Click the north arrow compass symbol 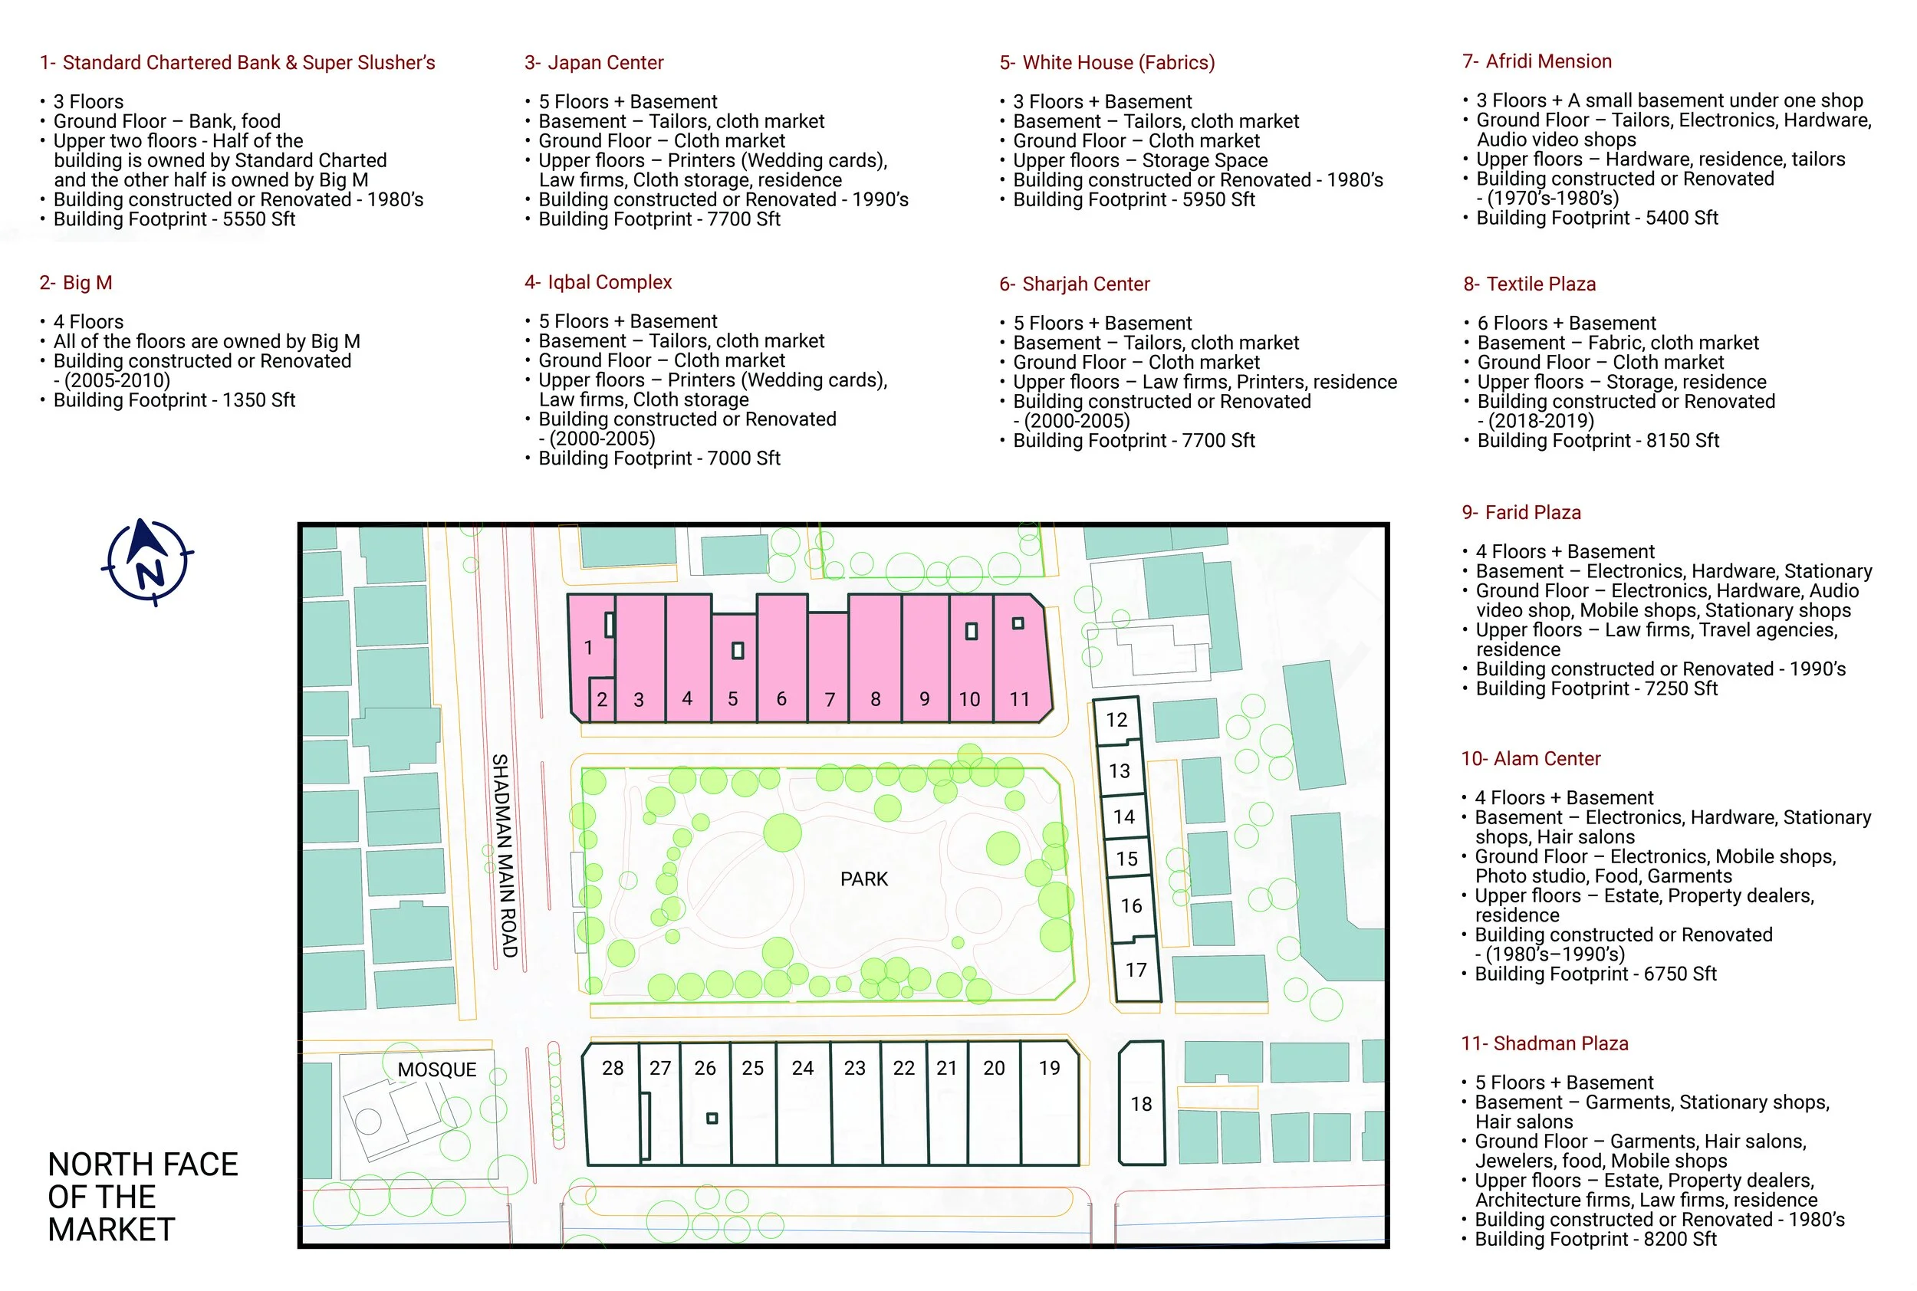coord(147,563)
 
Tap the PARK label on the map coord(864,879)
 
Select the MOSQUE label coord(436,1069)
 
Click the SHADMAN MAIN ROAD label coord(504,856)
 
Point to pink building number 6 coord(781,659)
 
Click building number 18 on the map coord(1141,1103)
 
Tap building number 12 coord(1116,721)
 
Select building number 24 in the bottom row coord(803,1103)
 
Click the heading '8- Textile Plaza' coord(1529,284)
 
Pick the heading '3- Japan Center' coord(594,63)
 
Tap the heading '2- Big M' coord(76,282)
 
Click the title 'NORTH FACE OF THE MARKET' coord(143,1197)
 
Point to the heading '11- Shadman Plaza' coord(1545,1043)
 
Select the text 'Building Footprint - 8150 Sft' coord(1597,441)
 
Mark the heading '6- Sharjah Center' coord(1074,284)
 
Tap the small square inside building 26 coord(712,1118)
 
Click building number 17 coord(1136,970)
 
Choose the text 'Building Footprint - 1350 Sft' coord(174,400)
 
